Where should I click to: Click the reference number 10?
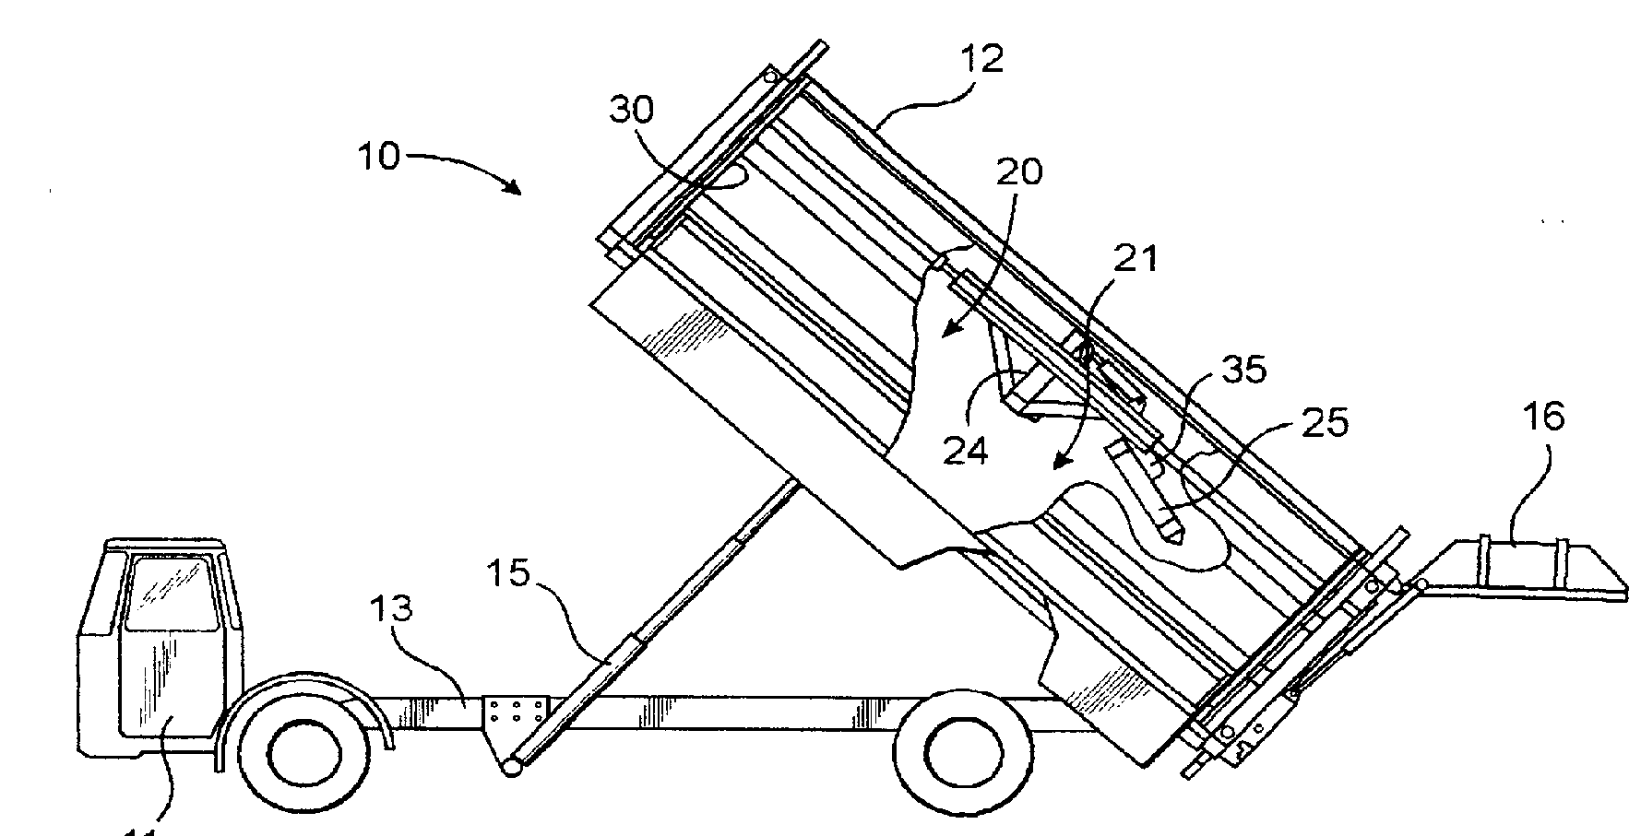379,157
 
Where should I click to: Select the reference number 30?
632,111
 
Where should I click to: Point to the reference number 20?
1018,171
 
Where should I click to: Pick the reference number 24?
965,451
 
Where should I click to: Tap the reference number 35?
1244,370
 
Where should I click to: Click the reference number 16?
1544,418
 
